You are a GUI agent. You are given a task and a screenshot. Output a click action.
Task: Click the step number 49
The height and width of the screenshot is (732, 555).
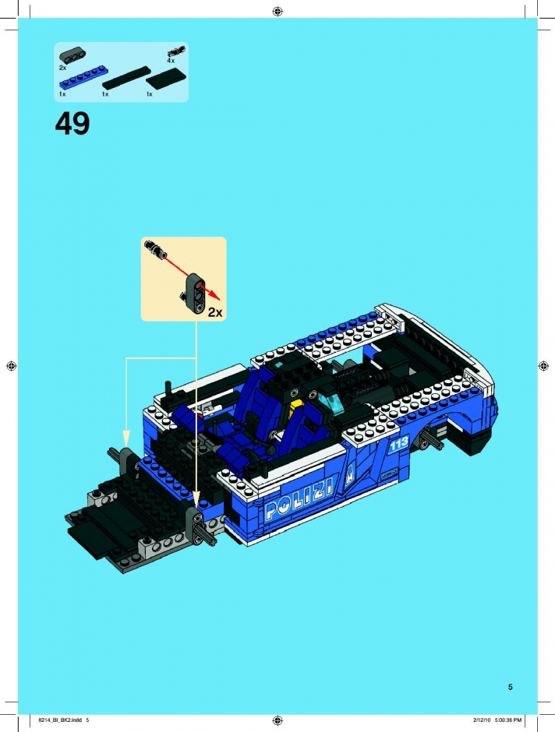(x=72, y=124)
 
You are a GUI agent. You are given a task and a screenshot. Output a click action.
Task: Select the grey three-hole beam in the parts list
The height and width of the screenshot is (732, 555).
(x=72, y=55)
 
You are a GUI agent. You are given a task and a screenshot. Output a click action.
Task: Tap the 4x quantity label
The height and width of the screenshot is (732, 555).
(x=171, y=61)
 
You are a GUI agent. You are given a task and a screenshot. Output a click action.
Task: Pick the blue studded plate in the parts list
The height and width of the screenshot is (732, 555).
(x=82, y=78)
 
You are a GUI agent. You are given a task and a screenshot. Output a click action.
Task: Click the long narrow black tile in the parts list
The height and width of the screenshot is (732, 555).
(x=126, y=78)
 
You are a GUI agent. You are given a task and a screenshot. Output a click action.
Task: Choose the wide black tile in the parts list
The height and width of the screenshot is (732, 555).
(x=166, y=79)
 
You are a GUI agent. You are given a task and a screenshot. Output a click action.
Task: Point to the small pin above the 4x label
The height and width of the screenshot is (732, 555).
(x=176, y=51)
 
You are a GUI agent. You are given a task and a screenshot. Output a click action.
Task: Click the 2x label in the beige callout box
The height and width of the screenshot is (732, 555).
(x=215, y=312)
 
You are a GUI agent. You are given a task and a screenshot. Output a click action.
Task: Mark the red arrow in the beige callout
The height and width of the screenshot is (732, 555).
(x=191, y=276)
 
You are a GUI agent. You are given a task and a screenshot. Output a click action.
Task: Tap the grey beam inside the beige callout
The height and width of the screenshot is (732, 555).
(x=196, y=293)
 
